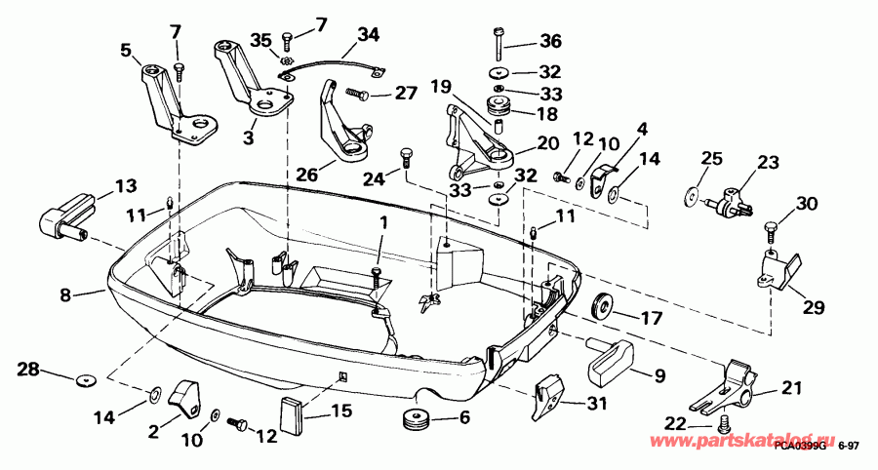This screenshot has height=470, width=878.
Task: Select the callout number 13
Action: click(126, 185)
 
